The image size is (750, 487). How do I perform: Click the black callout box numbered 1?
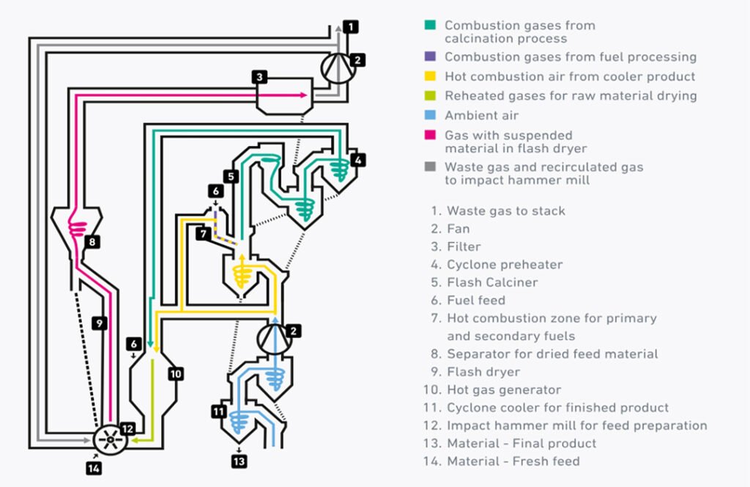tap(352, 27)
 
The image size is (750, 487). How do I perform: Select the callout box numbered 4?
tap(357, 159)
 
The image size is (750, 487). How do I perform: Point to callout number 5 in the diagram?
tap(231, 176)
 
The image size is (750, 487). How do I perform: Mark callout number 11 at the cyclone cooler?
tap(218, 411)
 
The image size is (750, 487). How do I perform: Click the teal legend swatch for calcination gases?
tap(430, 26)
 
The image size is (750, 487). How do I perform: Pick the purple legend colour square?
tap(430, 57)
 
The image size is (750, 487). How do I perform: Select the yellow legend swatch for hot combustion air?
tap(430, 76)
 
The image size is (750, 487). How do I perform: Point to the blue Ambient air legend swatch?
tap(430, 116)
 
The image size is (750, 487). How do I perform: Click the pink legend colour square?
tap(430, 136)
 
